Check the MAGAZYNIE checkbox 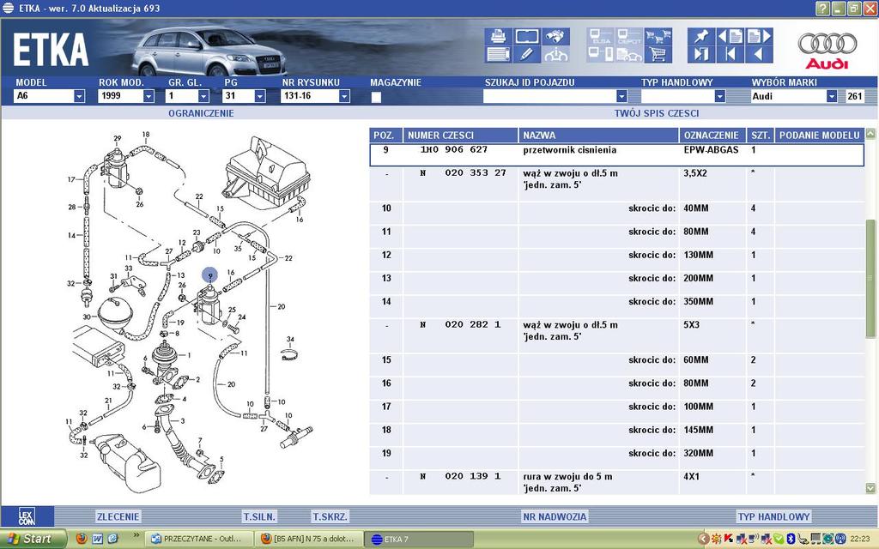point(376,98)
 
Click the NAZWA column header point(598,136)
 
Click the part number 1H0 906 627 point(454,150)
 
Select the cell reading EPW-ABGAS point(711,150)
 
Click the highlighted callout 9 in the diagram point(209,276)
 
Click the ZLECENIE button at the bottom point(118,516)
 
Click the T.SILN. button point(258,516)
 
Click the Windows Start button point(32,539)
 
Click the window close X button point(869,8)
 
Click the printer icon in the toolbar point(498,37)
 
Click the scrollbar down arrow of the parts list point(871,487)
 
